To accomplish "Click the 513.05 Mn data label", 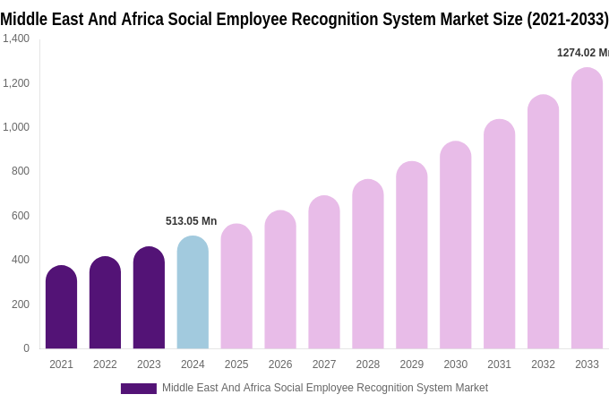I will point(191,221).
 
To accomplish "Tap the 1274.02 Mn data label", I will point(582,53).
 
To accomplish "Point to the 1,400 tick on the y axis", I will point(15,39).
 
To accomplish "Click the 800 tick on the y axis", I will point(20,171).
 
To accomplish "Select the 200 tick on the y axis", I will point(20,304).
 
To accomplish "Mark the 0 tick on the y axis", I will point(26,348).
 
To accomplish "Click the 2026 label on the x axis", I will point(280,364).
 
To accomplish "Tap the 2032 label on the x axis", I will point(543,364).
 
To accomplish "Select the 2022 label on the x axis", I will point(105,364).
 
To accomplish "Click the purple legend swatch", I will point(138,389).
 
